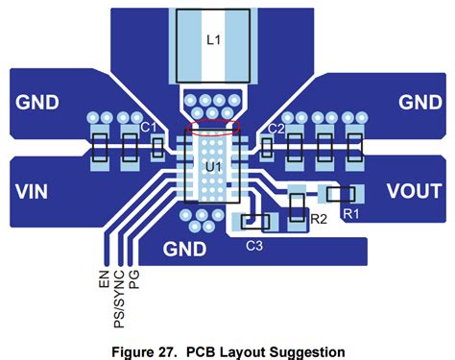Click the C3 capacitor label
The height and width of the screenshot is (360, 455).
tap(255, 246)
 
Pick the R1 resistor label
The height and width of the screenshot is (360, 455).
tap(350, 213)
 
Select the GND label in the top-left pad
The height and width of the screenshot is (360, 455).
tap(37, 102)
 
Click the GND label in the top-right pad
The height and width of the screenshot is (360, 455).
tap(419, 102)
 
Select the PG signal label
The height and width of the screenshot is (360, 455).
tap(134, 279)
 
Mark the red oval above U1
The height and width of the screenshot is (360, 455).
tap(216, 128)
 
